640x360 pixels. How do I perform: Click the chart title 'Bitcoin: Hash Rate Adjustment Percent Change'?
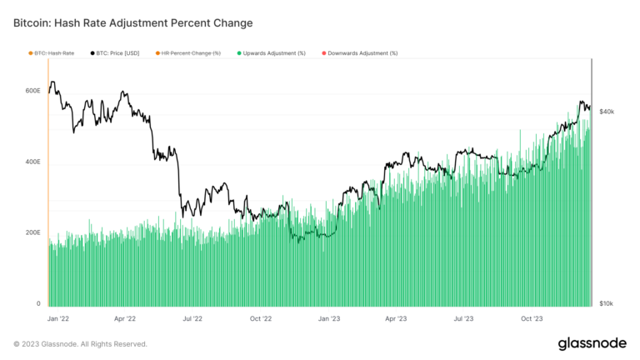click(x=133, y=22)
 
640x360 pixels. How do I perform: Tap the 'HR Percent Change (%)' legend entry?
click(x=191, y=53)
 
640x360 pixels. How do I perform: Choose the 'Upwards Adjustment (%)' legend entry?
click(x=274, y=53)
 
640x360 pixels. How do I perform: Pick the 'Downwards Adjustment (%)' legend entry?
click(x=362, y=53)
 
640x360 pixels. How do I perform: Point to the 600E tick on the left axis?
click(x=32, y=91)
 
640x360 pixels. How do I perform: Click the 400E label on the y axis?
click(x=32, y=162)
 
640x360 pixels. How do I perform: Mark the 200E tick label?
click(x=32, y=232)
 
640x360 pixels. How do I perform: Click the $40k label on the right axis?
click(x=607, y=111)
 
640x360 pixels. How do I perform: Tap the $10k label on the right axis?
click(x=607, y=304)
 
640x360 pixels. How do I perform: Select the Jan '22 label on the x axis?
click(x=57, y=318)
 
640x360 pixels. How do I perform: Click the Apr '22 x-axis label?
click(x=125, y=318)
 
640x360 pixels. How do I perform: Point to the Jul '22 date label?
click(x=192, y=318)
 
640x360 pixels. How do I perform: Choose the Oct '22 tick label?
click(x=261, y=318)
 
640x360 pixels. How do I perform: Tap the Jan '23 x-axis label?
click(x=329, y=318)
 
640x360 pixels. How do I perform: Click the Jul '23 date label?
click(x=463, y=318)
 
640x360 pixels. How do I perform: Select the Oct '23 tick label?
click(x=532, y=318)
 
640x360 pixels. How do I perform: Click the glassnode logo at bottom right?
click(x=592, y=343)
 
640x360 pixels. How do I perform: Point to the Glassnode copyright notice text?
click(x=80, y=343)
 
